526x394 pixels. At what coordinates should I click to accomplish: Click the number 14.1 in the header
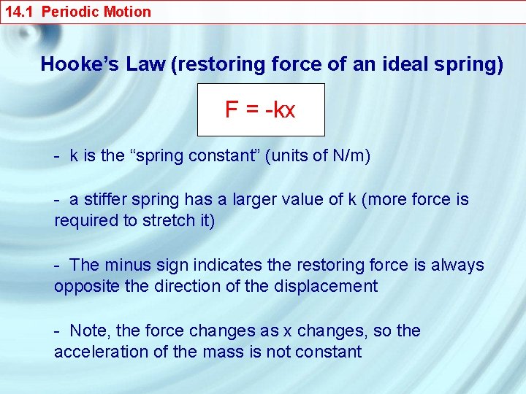[x=18, y=12]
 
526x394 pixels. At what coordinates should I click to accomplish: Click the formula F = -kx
[x=260, y=110]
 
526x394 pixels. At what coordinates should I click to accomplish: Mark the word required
[x=85, y=221]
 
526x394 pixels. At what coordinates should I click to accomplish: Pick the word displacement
[x=326, y=287]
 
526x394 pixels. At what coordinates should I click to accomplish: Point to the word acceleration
[x=95, y=352]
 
